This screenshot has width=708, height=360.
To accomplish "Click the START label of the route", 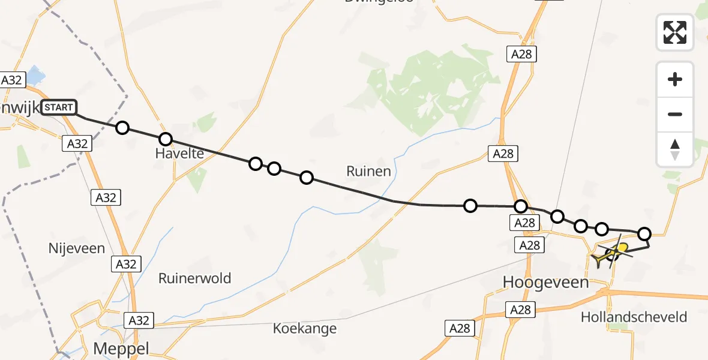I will pyautogui.click(x=59, y=108).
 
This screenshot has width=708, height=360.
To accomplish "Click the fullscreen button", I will pyautogui.click(x=675, y=32).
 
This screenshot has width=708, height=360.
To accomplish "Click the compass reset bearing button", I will pyautogui.click(x=675, y=149).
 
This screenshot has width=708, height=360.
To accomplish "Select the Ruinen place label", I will pyautogui.click(x=368, y=172).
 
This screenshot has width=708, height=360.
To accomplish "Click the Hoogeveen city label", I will pyautogui.click(x=545, y=283).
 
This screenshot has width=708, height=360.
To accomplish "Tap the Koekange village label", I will pyautogui.click(x=304, y=329).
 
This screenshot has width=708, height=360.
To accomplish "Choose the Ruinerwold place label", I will pyautogui.click(x=194, y=278).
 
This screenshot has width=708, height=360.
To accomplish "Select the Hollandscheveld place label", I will pyautogui.click(x=634, y=317).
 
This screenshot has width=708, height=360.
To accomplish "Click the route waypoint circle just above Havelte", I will pyautogui.click(x=166, y=139).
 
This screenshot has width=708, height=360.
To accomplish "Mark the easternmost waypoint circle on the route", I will pyautogui.click(x=644, y=233).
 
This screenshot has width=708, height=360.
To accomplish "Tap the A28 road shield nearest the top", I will pyautogui.click(x=521, y=55).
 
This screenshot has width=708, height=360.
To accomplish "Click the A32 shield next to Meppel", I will pyautogui.click(x=139, y=320).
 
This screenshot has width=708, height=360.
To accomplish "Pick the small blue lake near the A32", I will pyautogui.click(x=35, y=76).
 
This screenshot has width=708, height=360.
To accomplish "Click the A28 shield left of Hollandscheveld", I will pyautogui.click(x=520, y=309).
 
